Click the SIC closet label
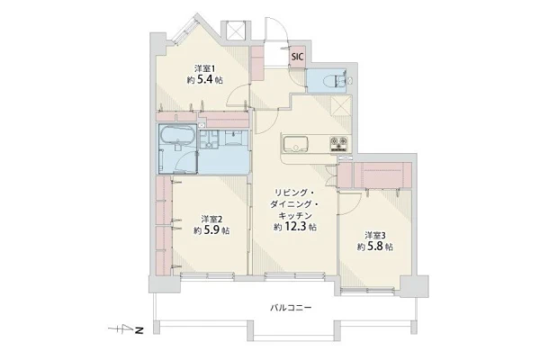298,57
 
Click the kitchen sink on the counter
295,144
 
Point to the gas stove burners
339,144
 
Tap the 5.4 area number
204,80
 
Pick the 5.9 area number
211,230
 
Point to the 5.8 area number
375,247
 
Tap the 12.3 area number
295,227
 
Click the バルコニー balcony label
291,307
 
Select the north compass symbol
125,330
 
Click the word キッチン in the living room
295,216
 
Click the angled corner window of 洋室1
184,31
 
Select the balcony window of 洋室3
367,291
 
